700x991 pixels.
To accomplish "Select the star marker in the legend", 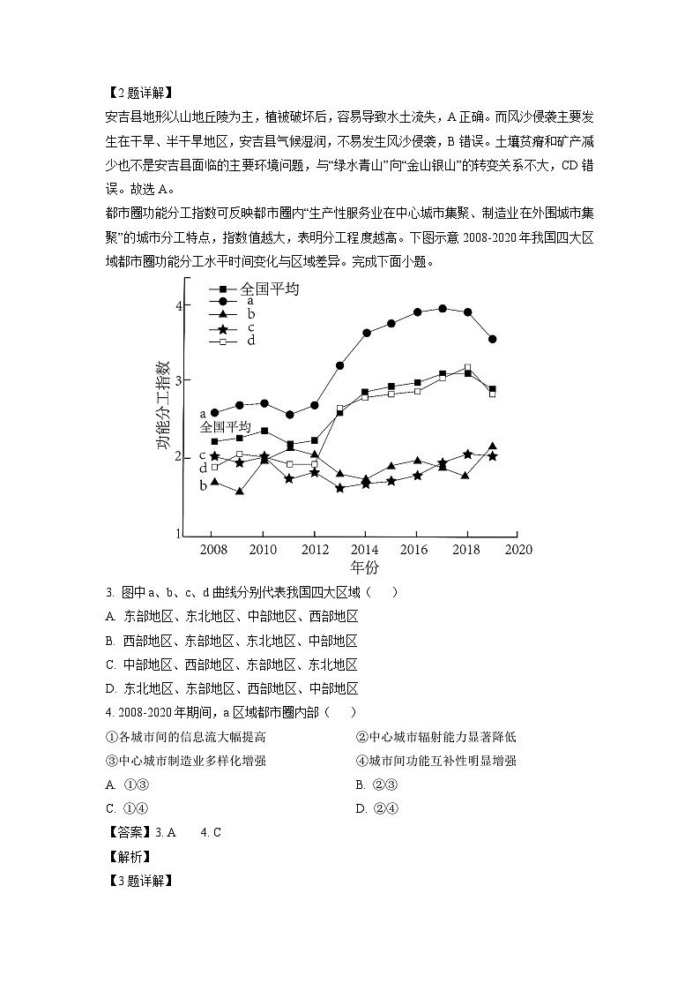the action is point(223,330).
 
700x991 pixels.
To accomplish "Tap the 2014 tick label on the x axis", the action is point(364,549).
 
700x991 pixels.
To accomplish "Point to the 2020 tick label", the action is point(518,549).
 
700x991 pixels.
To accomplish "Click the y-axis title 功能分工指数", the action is point(164,405).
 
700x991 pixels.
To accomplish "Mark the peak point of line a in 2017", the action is point(442,309).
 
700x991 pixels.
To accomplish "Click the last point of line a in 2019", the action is point(492,339).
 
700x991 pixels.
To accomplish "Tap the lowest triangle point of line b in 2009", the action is point(239,491).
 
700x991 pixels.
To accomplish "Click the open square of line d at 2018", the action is point(467,367).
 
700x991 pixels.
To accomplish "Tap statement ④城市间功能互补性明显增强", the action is point(436,761).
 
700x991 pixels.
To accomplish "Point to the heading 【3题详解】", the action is point(138,881).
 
